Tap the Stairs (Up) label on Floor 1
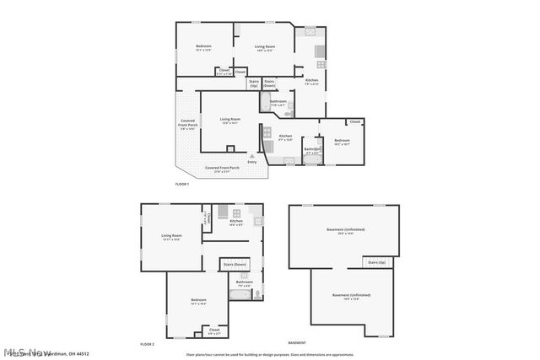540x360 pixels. (x=254, y=83)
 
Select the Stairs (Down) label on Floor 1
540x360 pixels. (x=269, y=83)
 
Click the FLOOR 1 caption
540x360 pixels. (x=182, y=184)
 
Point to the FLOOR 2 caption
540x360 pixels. (x=148, y=344)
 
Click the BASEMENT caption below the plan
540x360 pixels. (x=297, y=343)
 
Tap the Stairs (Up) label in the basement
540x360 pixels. (x=376, y=263)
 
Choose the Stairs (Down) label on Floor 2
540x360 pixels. (x=235, y=265)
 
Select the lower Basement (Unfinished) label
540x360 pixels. (x=350, y=296)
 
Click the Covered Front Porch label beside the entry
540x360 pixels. (x=222, y=169)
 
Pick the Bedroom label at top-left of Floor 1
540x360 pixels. (x=203, y=48)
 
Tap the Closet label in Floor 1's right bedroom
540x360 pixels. (x=354, y=122)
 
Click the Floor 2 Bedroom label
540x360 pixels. (x=198, y=301)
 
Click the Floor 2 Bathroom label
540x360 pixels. (x=245, y=283)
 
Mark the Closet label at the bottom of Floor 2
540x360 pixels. (x=214, y=331)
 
